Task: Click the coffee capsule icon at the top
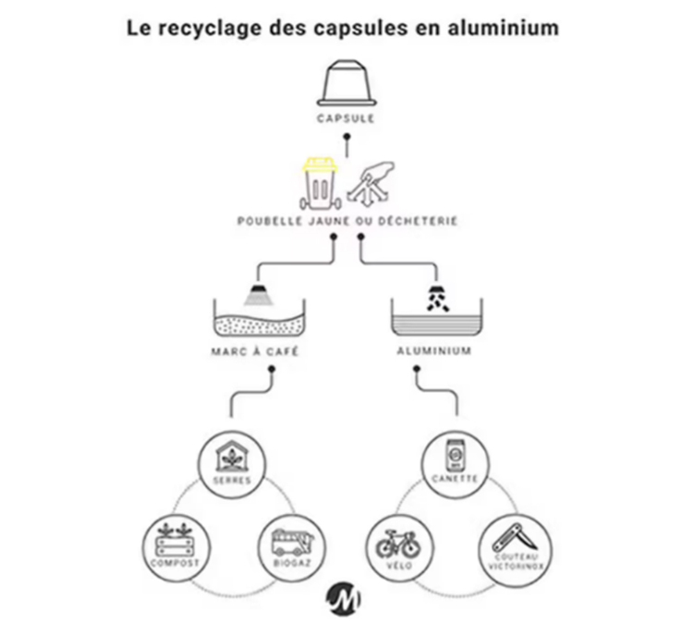[x=346, y=82]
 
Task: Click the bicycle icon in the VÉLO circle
[x=397, y=544]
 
